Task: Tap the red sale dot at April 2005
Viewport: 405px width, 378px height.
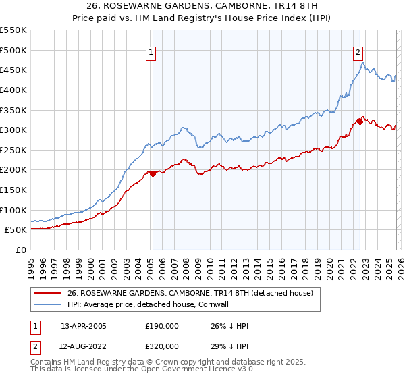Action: click(153, 173)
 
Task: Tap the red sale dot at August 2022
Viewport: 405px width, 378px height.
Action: click(360, 122)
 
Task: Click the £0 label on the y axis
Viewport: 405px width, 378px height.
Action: click(20, 250)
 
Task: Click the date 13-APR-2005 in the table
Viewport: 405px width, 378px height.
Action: click(84, 325)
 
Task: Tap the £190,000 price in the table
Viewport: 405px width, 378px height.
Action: click(161, 325)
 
